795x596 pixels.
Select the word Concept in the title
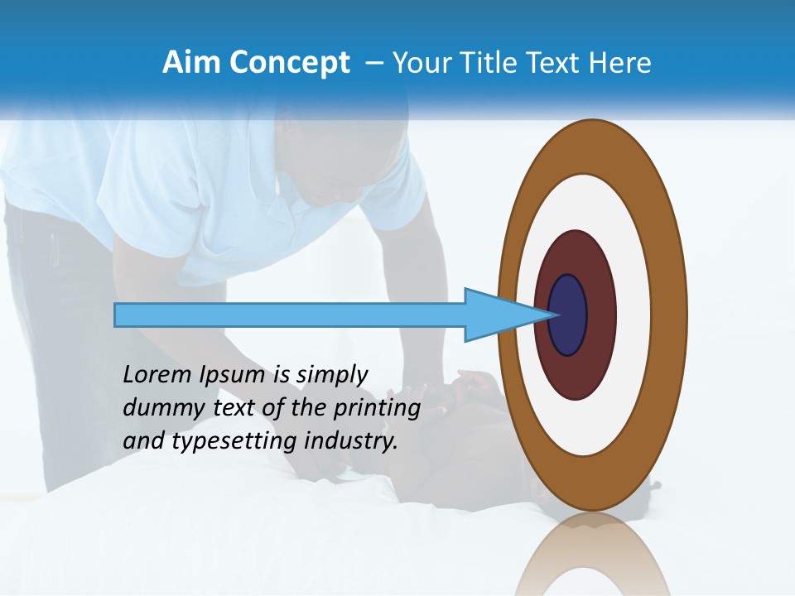(290, 63)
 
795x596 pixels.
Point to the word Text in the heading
(556, 63)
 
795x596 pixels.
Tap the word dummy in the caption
(158, 409)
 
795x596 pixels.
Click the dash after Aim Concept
(373, 64)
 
